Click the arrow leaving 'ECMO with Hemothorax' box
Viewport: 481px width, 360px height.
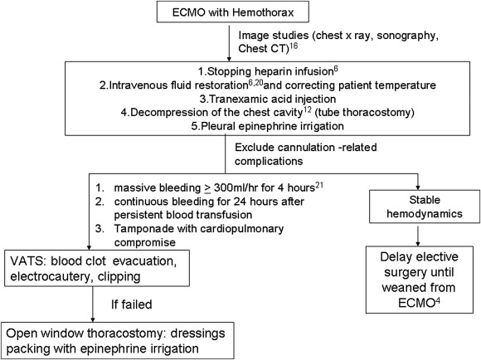click(x=230, y=41)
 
